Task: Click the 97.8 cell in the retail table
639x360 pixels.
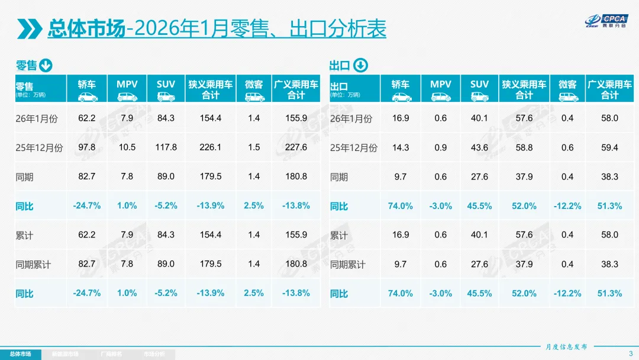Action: point(86,147)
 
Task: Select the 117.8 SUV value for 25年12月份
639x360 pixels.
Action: point(166,147)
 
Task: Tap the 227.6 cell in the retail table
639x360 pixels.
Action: point(296,147)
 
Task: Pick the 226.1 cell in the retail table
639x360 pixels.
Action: point(209,147)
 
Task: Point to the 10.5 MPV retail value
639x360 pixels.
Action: point(127,147)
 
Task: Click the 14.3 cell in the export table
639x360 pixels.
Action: point(401,147)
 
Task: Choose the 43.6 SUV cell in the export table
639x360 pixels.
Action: point(479,147)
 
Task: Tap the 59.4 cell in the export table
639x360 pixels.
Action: point(609,147)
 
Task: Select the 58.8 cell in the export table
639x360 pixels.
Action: point(524,147)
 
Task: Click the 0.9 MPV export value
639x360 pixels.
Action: point(440,147)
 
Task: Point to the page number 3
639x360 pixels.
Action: point(631,354)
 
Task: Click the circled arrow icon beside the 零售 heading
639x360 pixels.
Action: point(46,65)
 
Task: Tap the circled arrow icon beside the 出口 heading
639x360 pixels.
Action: point(360,65)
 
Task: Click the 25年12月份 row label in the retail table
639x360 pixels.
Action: point(39,148)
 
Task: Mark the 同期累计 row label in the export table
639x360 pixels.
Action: point(348,264)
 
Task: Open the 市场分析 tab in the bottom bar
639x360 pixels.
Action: point(154,354)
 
